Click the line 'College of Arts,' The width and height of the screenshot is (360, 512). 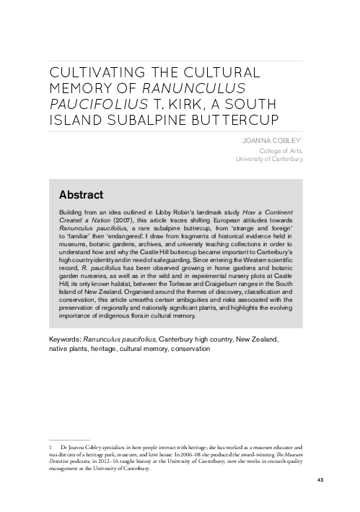279,149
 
